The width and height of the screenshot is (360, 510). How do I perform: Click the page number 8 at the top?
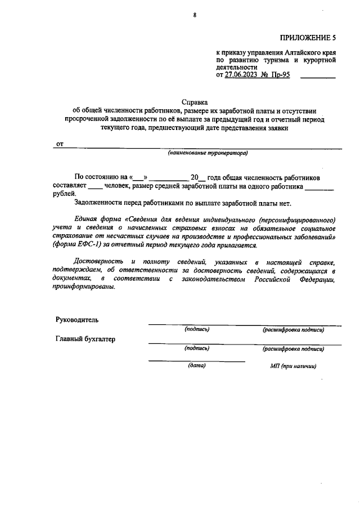pyautogui.click(x=195, y=15)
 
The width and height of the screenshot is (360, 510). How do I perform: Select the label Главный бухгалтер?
pyautogui.click(x=85, y=339)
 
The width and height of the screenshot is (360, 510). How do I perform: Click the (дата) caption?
pyautogui.click(x=197, y=366)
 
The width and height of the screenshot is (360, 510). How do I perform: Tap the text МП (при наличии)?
pyautogui.click(x=293, y=366)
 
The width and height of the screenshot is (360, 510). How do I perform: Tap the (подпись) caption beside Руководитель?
pyautogui.click(x=197, y=329)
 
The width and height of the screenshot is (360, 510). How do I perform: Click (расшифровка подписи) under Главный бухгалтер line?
pyautogui.click(x=293, y=348)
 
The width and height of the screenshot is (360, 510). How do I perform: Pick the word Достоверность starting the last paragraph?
pyautogui.click(x=98, y=261)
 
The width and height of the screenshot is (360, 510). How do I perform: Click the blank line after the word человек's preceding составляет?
pyautogui.click(x=96, y=186)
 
